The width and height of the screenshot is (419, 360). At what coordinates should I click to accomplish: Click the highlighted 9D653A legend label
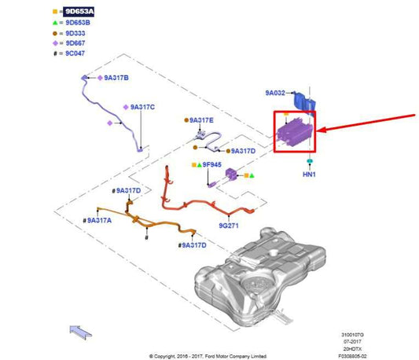(79, 12)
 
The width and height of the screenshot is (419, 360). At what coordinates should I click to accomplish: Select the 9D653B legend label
(78, 23)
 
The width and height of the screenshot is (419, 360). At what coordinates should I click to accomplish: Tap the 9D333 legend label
(75, 34)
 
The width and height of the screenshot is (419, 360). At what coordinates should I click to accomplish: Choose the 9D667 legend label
(75, 43)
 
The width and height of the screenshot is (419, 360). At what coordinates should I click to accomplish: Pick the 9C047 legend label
(75, 53)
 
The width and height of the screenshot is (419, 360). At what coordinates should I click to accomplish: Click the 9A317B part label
(116, 78)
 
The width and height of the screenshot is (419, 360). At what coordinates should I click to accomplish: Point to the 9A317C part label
(142, 107)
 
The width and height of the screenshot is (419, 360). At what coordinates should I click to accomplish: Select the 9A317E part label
(201, 120)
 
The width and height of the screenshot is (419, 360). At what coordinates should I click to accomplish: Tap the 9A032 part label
(275, 93)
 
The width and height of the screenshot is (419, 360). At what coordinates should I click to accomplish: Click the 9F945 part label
(212, 164)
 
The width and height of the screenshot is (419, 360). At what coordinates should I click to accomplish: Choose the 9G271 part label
(229, 226)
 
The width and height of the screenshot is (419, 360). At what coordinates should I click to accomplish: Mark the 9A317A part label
(99, 221)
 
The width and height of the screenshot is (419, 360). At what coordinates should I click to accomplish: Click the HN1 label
(309, 174)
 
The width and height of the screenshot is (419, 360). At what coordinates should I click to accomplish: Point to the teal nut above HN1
(310, 161)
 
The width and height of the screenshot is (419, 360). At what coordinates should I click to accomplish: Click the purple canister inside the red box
(294, 132)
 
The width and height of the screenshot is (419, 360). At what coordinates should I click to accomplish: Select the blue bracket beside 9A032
(304, 101)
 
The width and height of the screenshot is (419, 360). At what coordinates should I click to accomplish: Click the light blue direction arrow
(80, 332)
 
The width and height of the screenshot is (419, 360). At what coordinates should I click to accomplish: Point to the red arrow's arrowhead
(321, 130)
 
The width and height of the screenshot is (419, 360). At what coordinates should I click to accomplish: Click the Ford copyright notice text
(208, 356)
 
